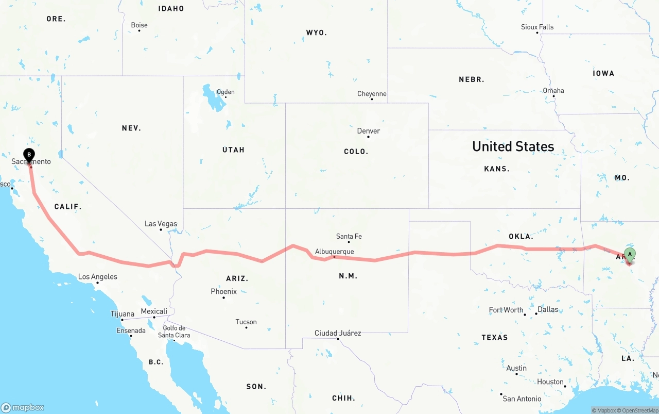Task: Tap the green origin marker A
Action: click(630, 254)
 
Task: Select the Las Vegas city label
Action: click(161, 224)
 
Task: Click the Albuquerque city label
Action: click(334, 251)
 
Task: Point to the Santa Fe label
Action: click(349, 236)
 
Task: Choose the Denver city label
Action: click(369, 131)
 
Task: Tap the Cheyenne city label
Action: click(372, 94)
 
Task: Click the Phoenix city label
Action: click(224, 291)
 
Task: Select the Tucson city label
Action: click(246, 322)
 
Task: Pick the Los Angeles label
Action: click(98, 277)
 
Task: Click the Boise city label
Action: click(139, 25)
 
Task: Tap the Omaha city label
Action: click(553, 91)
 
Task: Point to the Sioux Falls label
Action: click(537, 27)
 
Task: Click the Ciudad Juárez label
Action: click(338, 333)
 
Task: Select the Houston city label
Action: click(550, 382)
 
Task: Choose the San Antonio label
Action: click(522, 399)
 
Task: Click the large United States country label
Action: click(513, 146)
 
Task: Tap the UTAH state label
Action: click(233, 150)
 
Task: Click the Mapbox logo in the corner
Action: click(23, 407)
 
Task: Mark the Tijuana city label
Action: click(123, 313)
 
